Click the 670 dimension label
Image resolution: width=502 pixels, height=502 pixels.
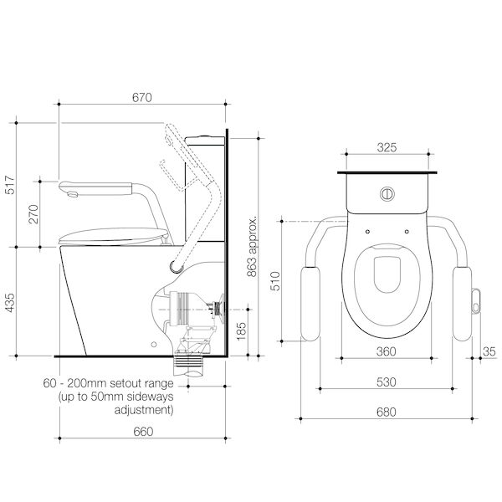tap(142, 98)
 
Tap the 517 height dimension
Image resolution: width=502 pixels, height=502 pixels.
tap(10, 185)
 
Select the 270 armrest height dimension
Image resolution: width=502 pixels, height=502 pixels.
tap(33, 214)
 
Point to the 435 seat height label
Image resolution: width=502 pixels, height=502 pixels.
tap(10, 303)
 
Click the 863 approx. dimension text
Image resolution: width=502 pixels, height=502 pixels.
tap(253, 247)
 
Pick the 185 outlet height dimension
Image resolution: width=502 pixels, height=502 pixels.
tap(241, 331)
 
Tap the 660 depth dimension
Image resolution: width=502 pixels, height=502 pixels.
tap(143, 432)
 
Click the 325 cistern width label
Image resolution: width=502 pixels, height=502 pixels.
tap(387, 147)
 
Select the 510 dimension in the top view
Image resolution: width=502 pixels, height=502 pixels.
tap(275, 281)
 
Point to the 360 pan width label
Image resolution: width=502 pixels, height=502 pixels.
tap(386, 351)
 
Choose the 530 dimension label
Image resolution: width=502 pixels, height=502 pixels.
tap(386, 382)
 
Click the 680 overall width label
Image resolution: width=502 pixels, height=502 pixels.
tap(386, 412)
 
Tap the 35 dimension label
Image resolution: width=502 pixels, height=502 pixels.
tap(489, 351)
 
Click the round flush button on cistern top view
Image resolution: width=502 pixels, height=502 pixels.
tap(387, 194)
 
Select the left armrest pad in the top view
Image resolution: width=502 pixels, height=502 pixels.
tap(310, 304)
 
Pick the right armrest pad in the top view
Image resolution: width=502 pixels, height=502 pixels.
tap(462, 304)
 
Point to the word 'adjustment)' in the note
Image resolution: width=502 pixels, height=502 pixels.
tap(144, 410)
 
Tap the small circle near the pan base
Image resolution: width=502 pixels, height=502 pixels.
tap(154, 345)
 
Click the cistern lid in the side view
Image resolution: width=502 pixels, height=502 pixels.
tap(205, 141)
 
